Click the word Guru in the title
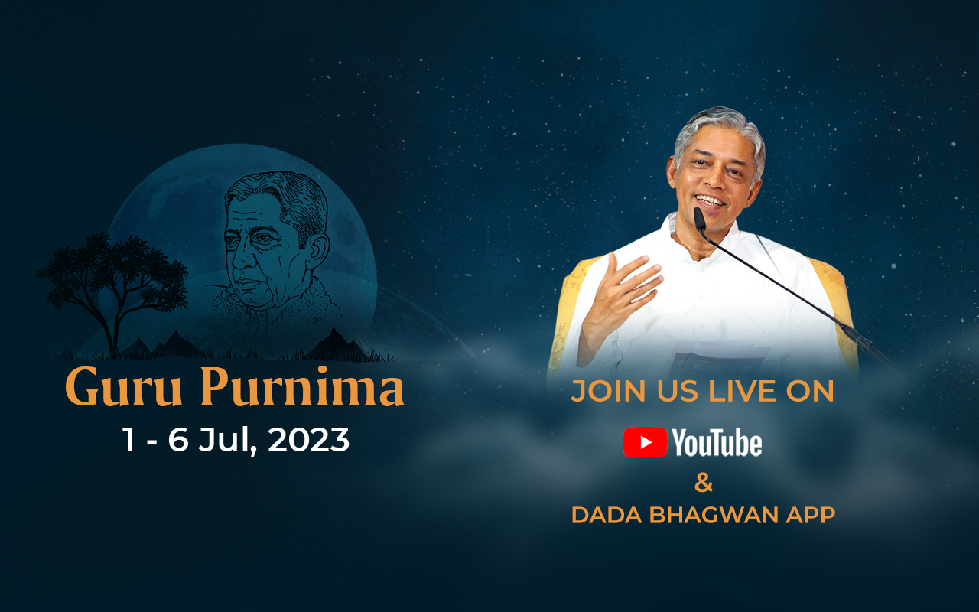pyautogui.click(x=124, y=387)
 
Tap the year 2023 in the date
pyautogui.click(x=308, y=440)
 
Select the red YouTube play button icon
pyautogui.click(x=645, y=442)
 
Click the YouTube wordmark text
pyautogui.click(x=717, y=442)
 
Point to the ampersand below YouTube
pyautogui.click(x=704, y=483)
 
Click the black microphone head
pyautogui.click(x=699, y=220)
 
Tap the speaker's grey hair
pyautogui.click(x=719, y=131)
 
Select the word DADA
pyautogui.click(x=607, y=515)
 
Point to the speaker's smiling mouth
pyautogui.click(x=710, y=201)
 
